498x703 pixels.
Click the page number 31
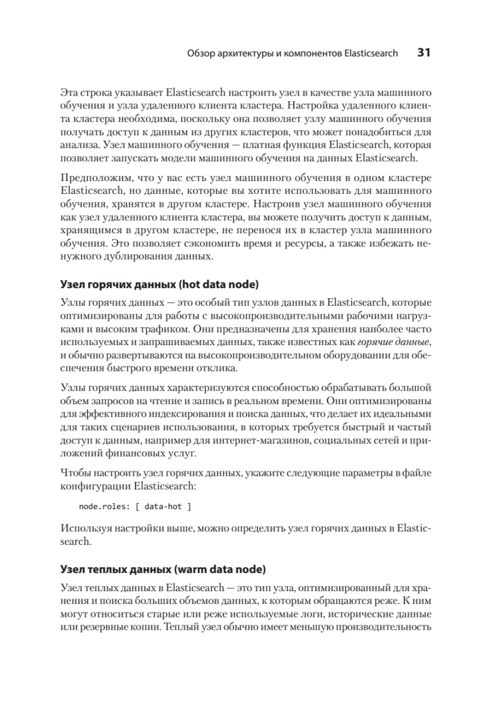424,53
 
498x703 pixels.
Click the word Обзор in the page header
200,53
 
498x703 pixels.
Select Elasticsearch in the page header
371,53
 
